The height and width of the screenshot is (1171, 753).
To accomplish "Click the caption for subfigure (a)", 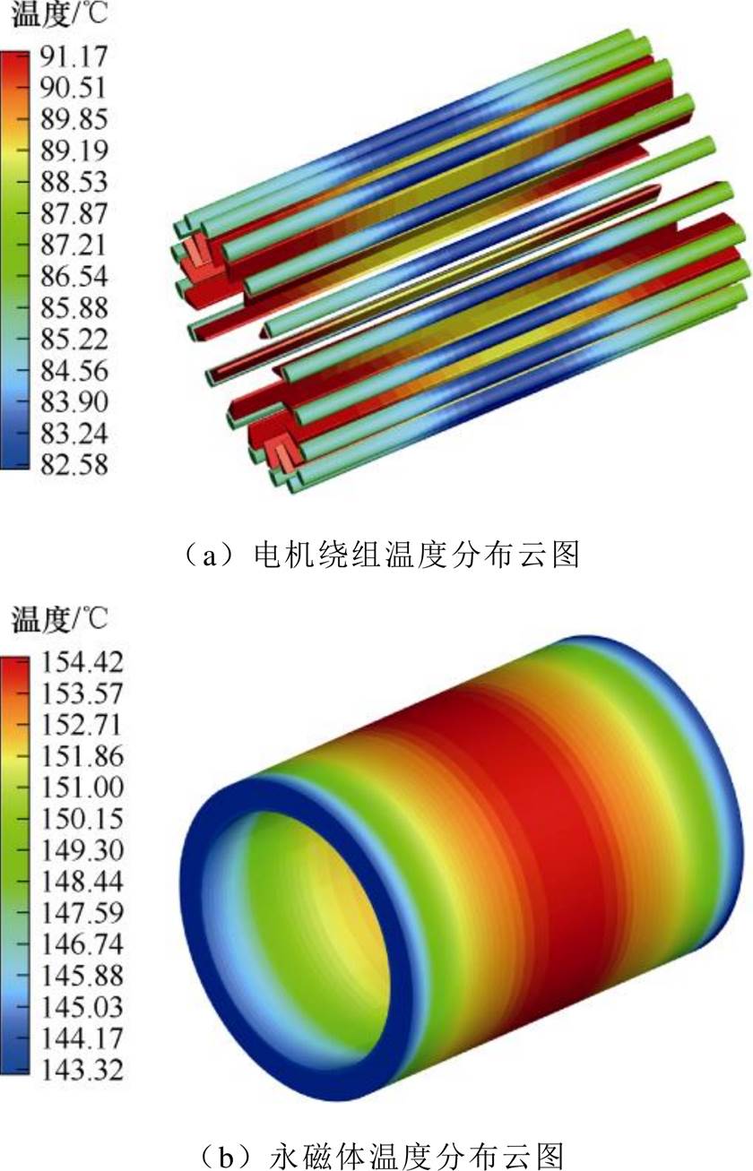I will tap(376, 555).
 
